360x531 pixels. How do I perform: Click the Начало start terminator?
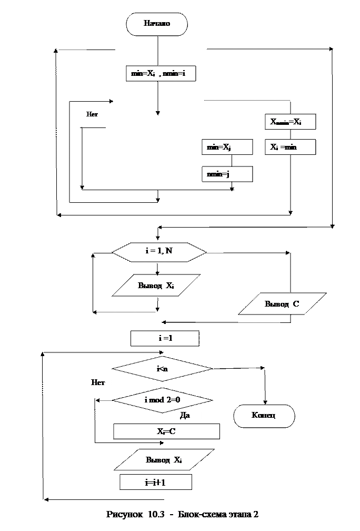click(157, 24)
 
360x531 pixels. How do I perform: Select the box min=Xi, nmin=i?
click(161, 74)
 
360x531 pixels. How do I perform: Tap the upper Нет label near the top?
click(94, 114)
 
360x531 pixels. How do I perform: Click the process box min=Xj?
click(227, 147)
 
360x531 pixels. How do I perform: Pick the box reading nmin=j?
click(227, 174)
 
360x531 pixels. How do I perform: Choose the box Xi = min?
click(290, 147)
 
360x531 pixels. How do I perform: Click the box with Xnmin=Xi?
click(290, 122)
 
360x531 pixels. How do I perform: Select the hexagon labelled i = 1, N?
click(159, 252)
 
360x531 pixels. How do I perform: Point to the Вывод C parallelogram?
click(282, 304)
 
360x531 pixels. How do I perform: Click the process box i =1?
click(165, 338)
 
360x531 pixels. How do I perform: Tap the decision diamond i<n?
click(162, 369)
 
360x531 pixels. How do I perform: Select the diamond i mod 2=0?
click(162, 400)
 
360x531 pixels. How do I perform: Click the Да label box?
click(188, 416)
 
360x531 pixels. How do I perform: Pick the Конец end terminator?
click(264, 416)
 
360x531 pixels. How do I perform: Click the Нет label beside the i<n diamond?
click(98, 382)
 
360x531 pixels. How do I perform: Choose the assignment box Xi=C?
click(166, 431)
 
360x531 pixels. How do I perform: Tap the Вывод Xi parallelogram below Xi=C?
click(164, 460)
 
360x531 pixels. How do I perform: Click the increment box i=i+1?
click(155, 482)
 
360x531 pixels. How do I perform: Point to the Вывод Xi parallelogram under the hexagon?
click(156, 286)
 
